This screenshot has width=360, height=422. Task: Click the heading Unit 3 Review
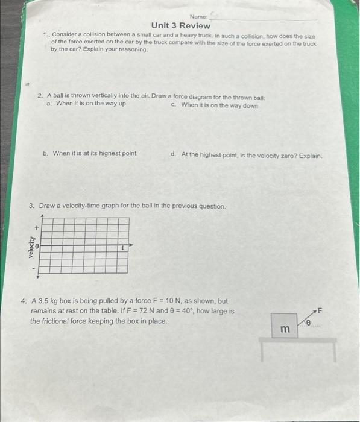tap(180, 25)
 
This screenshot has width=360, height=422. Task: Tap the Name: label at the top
tap(198, 16)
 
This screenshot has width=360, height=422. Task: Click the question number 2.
tap(40, 96)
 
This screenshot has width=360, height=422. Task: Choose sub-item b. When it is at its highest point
tap(90, 153)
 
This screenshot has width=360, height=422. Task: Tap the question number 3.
tap(32, 206)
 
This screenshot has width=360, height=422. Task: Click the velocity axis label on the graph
tap(30, 247)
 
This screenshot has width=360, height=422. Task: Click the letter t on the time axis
tap(122, 247)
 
